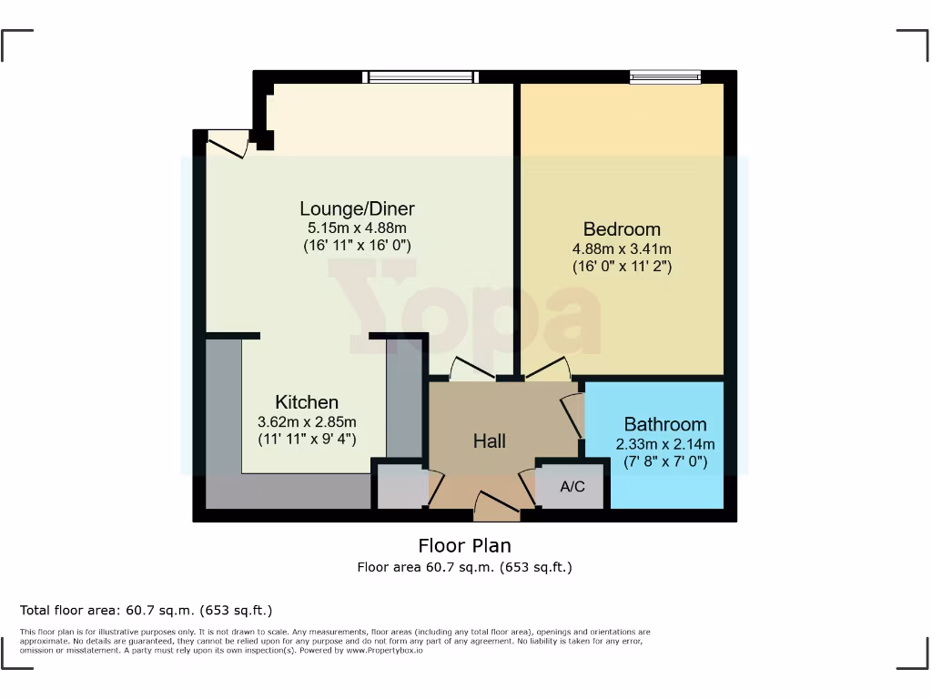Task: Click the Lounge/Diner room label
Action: pos(358,209)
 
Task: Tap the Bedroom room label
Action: pos(622,229)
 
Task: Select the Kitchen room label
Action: pos(307,402)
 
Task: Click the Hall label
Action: pos(489,441)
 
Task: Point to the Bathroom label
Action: pos(664,424)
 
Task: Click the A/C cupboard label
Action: pos(572,487)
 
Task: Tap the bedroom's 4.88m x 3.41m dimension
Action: pos(622,248)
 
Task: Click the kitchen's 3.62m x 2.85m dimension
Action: pos(307,421)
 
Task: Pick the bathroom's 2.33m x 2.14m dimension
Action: pos(664,444)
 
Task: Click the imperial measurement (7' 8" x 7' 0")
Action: pos(664,462)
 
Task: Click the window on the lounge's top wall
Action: pos(420,77)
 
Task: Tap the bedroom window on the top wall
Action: pos(664,77)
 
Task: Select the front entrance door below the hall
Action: pos(497,506)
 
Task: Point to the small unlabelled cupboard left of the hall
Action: pos(401,488)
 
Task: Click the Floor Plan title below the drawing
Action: pos(464,546)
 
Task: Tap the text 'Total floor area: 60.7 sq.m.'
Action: pos(146,610)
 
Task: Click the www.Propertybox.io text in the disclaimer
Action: pos(384,651)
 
